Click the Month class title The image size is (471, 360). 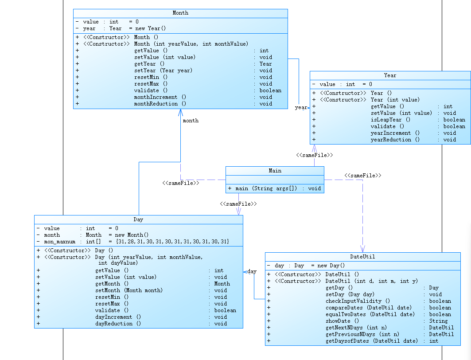[x=180, y=13]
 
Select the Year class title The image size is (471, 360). [x=390, y=75]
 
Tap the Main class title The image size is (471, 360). [x=275, y=171]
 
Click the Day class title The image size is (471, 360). [x=138, y=219]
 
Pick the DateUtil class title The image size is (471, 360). [x=362, y=257]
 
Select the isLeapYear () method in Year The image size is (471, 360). [x=390, y=120]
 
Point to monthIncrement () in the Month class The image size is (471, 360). [x=160, y=97]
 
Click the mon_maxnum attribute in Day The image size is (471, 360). [x=59, y=242]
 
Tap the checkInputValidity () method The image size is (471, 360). [x=358, y=301]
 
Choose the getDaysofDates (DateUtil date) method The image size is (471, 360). [x=371, y=341]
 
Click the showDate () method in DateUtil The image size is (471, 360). [x=342, y=321]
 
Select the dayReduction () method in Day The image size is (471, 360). [x=118, y=324]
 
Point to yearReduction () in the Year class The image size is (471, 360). [x=395, y=140]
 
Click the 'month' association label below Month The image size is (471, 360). [x=191, y=121]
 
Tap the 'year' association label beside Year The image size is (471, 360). [x=300, y=108]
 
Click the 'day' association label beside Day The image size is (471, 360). [x=252, y=271]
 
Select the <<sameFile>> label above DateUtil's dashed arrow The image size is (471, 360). [x=362, y=176]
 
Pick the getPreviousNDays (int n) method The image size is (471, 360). [x=362, y=334]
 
